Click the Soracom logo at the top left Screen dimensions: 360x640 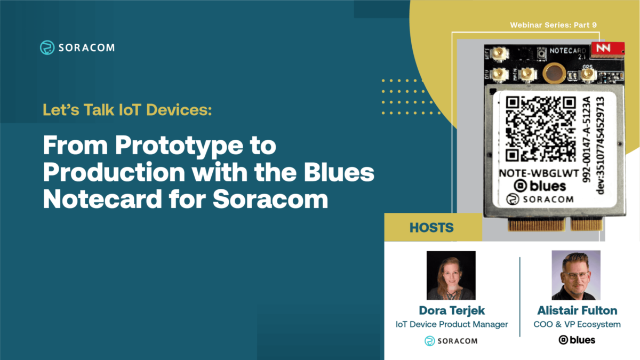(77, 47)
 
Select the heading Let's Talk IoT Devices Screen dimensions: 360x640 (127, 111)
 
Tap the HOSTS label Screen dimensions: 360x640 (432, 228)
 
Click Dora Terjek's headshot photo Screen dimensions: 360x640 (451, 275)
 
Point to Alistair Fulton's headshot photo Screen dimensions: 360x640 (576, 275)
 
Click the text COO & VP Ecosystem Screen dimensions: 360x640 (577, 324)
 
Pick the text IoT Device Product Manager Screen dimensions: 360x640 (451, 324)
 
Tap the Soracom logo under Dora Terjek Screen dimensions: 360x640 (451, 341)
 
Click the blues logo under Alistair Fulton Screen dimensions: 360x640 (577, 340)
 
